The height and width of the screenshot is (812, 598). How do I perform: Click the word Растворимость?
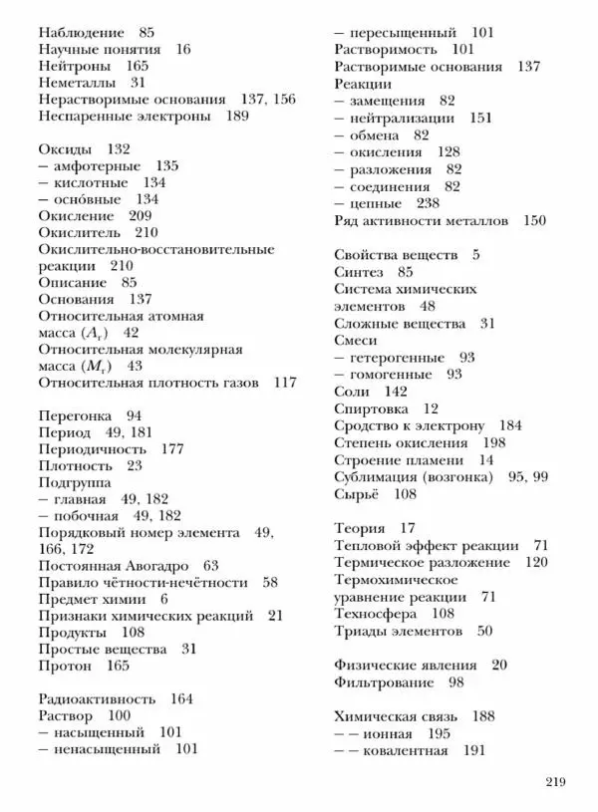click(386, 49)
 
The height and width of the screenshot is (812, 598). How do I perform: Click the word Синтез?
click(359, 271)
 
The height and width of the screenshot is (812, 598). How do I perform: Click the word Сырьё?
click(356, 493)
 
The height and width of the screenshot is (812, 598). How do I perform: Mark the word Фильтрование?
click(384, 682)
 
